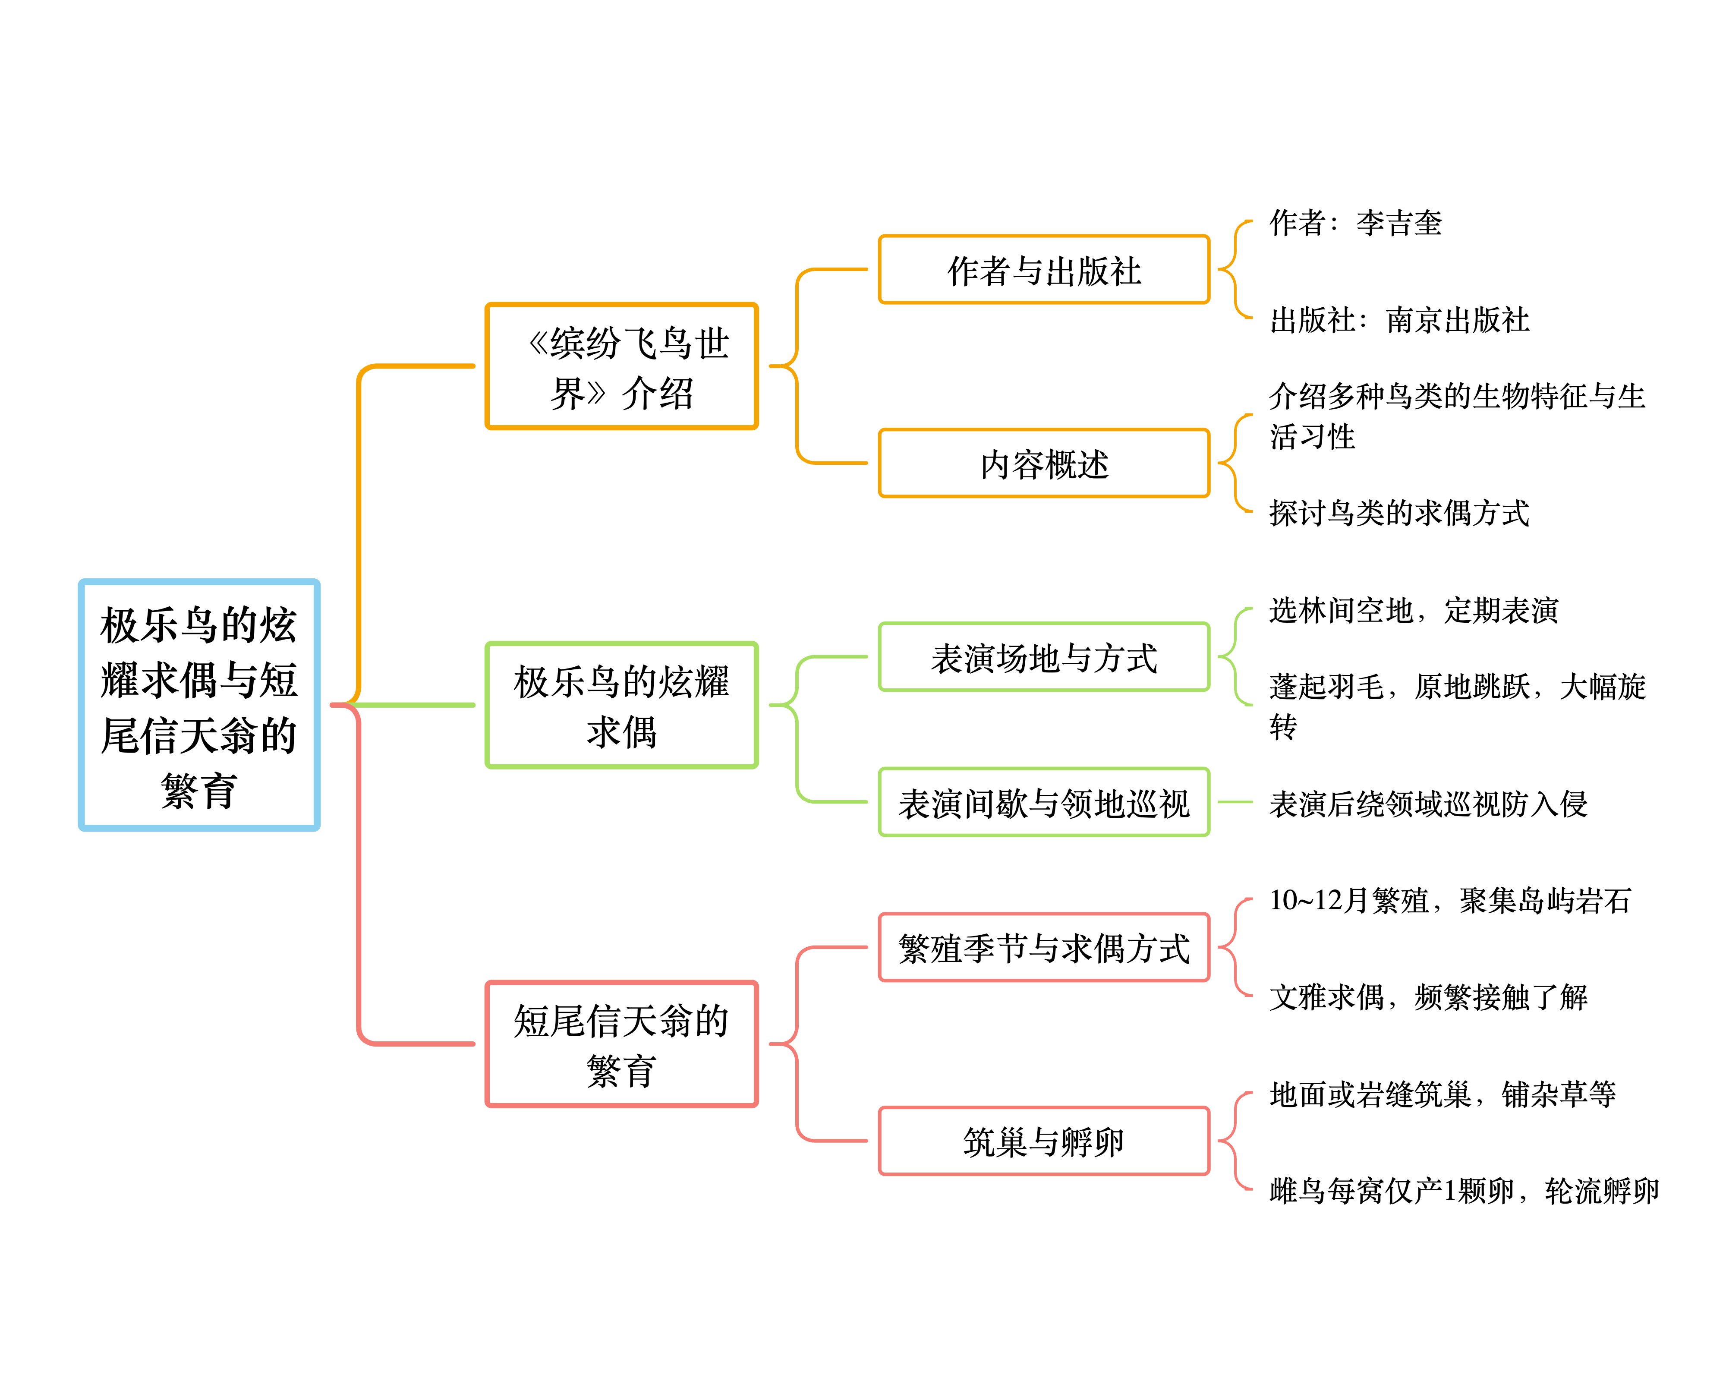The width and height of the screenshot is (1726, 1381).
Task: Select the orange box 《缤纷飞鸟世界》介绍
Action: [x=621, y=367]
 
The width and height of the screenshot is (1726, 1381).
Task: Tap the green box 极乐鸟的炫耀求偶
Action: [x=621, y=705]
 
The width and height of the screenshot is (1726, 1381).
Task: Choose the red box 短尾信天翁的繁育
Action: [x=621, y=1044]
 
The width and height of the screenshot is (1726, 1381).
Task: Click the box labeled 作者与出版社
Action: [x=1044, y=270]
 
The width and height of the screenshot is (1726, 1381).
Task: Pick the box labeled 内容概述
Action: [x=1044, y=463]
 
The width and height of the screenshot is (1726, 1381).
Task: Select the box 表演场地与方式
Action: [x=1044, y=657]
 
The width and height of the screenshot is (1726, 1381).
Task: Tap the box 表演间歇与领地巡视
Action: [x=1044, y=802]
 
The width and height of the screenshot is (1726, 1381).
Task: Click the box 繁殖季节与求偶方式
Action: [x=1044, y=947]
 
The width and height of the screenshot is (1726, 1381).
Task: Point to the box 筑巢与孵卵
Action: [x=1044, y=1141]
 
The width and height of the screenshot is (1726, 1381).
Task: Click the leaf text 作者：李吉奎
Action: [x=1355, y=223]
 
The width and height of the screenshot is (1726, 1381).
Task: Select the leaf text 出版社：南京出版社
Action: [x=1398, y=319]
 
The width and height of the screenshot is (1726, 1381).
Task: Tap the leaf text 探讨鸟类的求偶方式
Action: [x=1398, y=512]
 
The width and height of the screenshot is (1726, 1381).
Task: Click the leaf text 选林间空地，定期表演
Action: [x=1414, y=610]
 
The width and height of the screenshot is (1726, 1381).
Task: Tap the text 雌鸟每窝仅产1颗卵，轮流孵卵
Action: [x=1463, y=1190]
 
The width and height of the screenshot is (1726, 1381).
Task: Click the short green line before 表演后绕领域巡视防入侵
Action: [x=1235, y=802]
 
